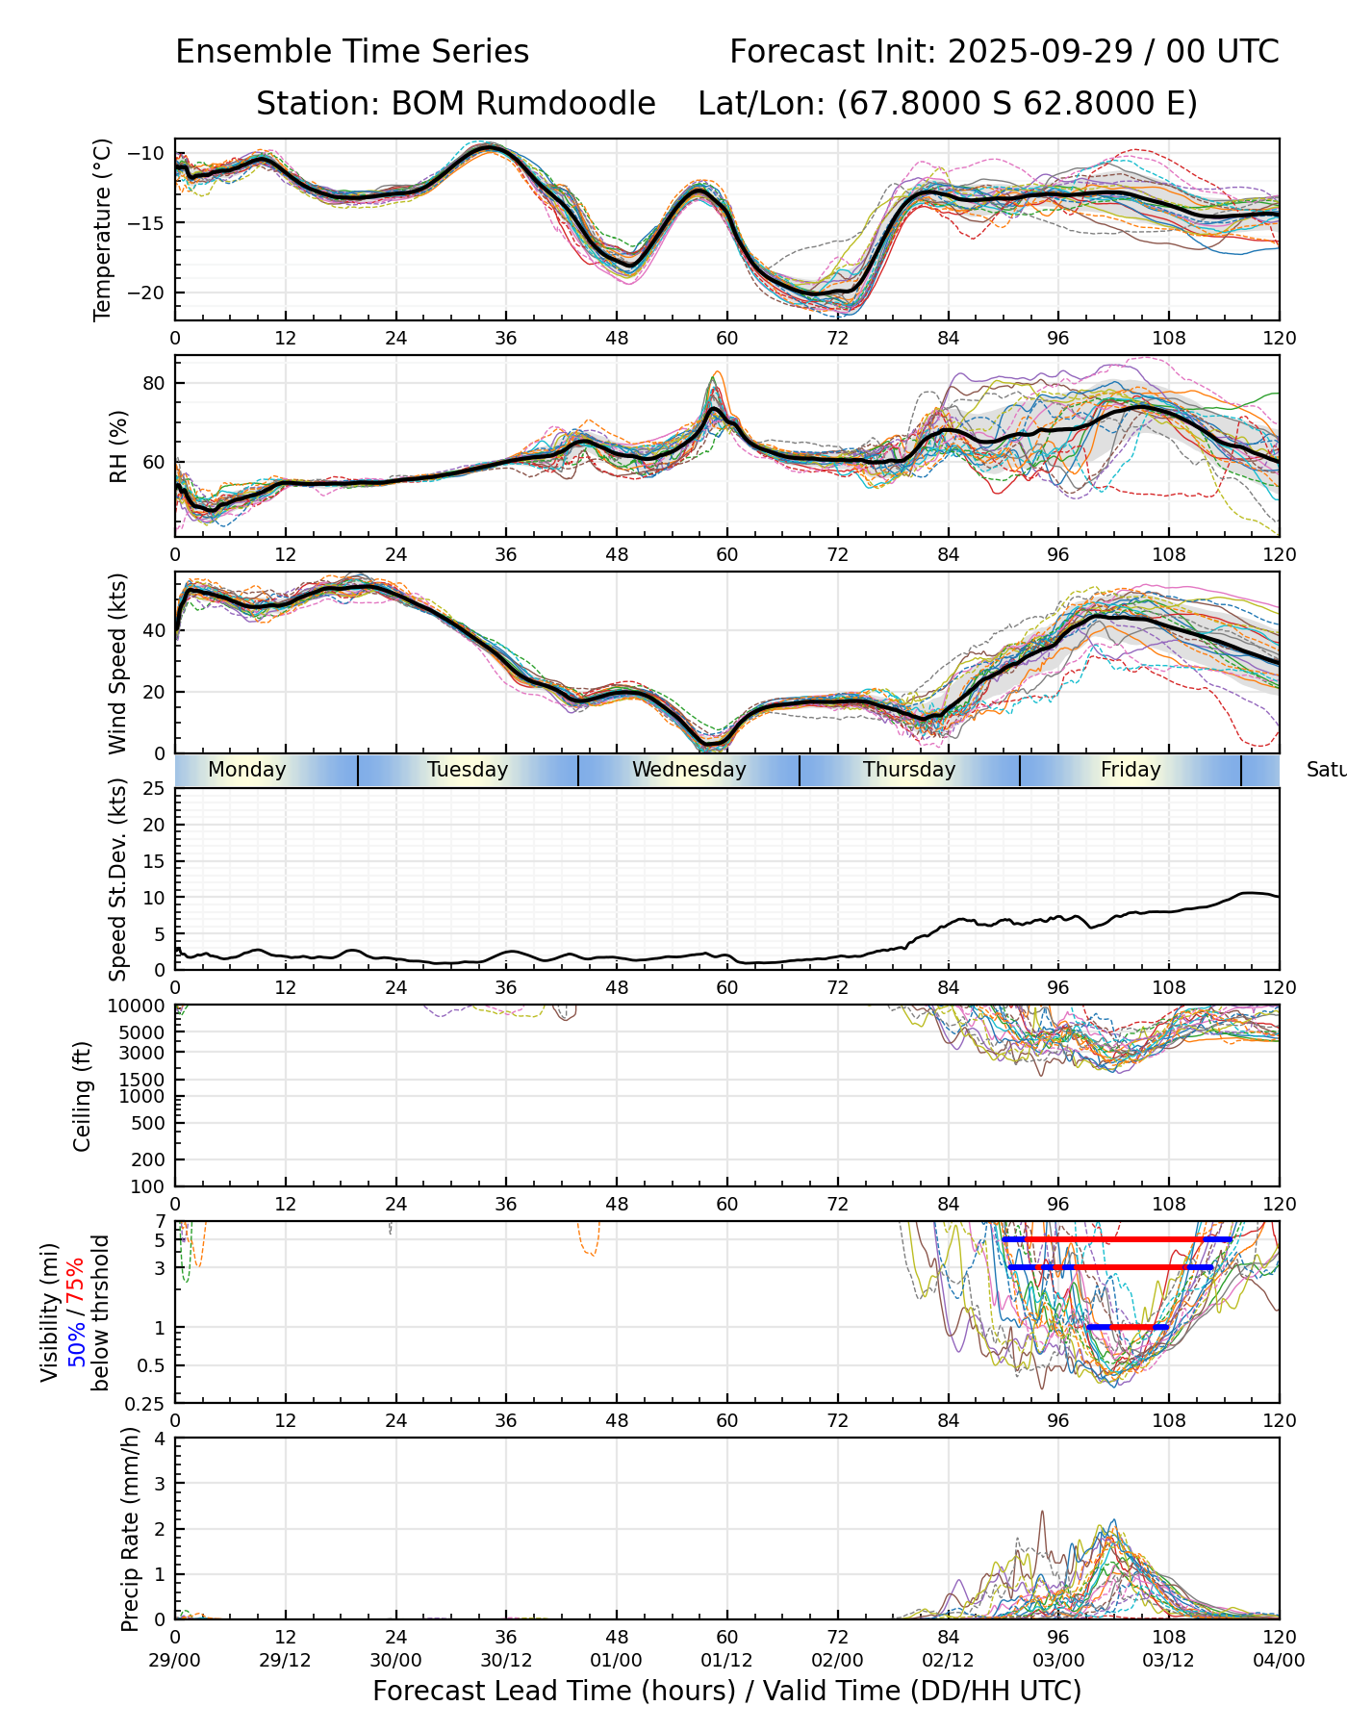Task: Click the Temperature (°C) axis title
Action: pyautogui.click(x=102, y=229)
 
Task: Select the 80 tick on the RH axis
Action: pyautogui.click(x=155, y=383)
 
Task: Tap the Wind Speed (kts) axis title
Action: pyautogui.click(x=117, y=663)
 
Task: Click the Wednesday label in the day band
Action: pyautogui.click(x=689, y=770)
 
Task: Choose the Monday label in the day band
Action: pyautogui.click(x=247, y=770)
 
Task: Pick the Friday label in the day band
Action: pyautogui.click(x=1131, y=770)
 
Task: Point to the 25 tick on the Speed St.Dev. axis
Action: pyautogui.click(x=155, y=789)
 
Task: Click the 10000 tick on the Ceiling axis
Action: pyautogui.click(x=140, y=1006)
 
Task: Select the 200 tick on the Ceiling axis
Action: pyautogui.click(x=150, y=1159)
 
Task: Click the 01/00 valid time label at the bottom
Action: pyautogui.click(x=617, y=1660)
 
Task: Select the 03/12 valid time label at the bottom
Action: pyautogui.click(x=1168, y=1660)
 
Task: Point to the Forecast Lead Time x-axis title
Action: pyautogui.click(x=726, y=1691)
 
